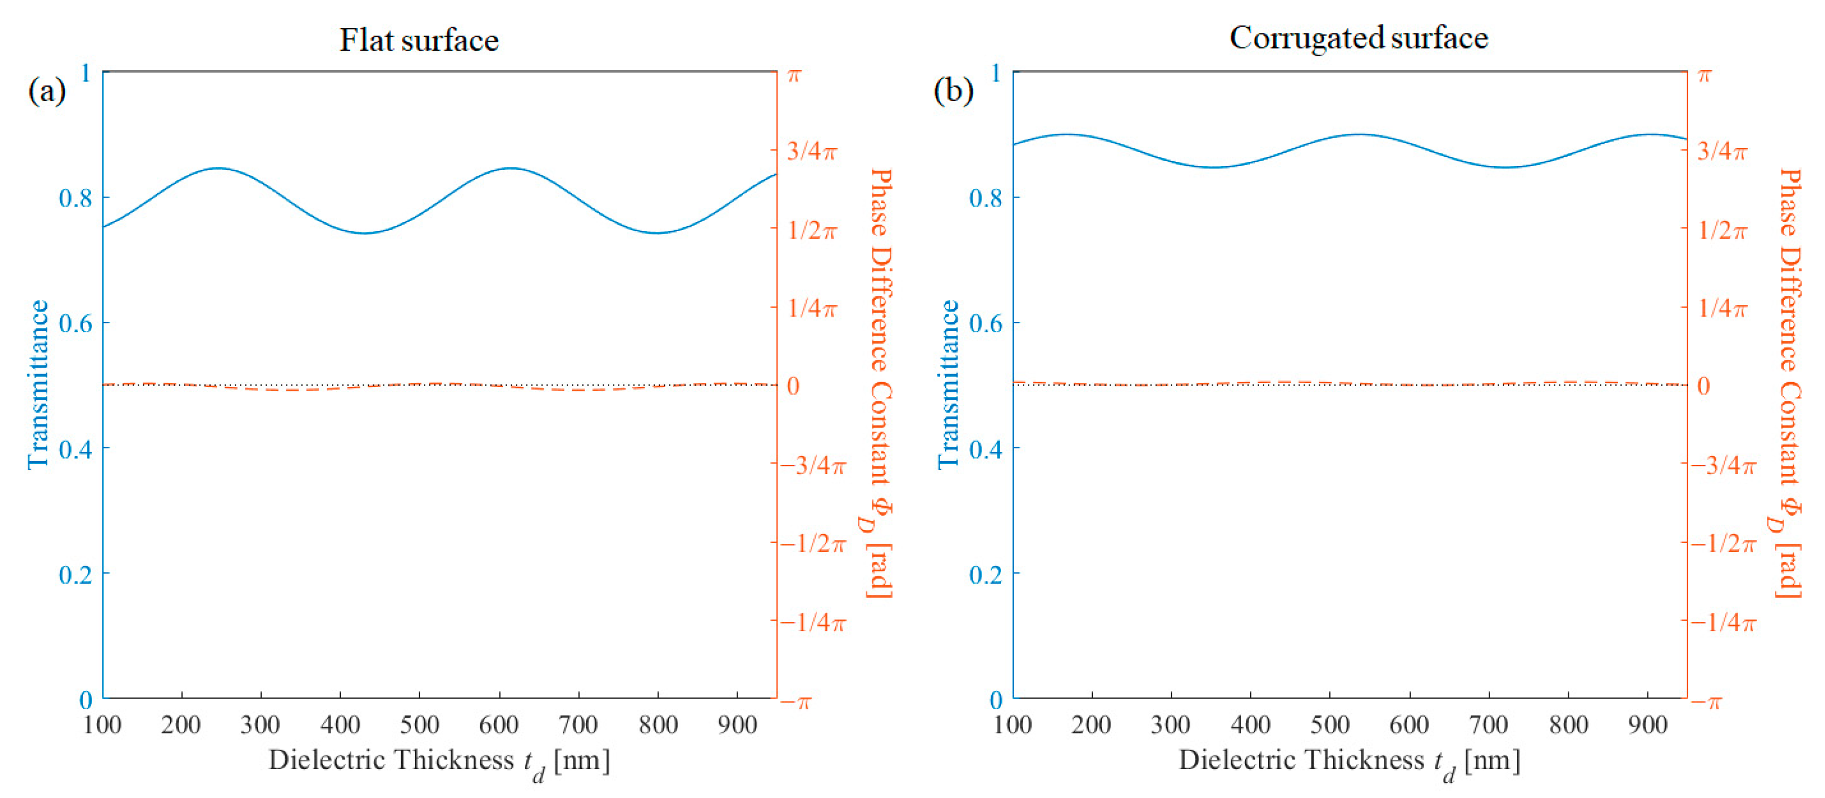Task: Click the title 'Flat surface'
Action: pyautogui.click(x=419, y=40)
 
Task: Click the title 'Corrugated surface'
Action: pyautogui.click(x=1358, y=38)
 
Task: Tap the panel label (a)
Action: pyautogui.click(x=47, y=91)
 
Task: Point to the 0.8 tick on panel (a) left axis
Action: pyautogui.click(x=76, y=198)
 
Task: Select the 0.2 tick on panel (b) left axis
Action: pyautogui.click(x=986, y=574)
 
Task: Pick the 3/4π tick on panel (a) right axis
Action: pyautogui.click(x=812, y=151)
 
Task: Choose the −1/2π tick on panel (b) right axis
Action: pyautogui.click(x=1724, y=544)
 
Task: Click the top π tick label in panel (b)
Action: pyautogui.click(x=1705, y=75)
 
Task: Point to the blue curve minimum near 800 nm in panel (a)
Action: pyautogui.click(x=657, y=233)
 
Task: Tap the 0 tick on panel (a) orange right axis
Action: pyautogui.click(x=793, y=386)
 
